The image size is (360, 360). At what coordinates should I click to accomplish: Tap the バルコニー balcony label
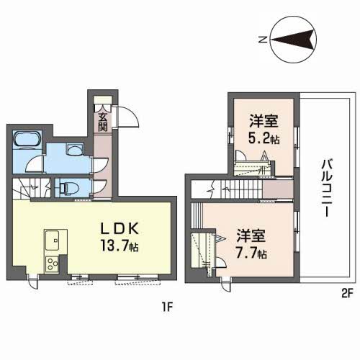[x=326, y=184]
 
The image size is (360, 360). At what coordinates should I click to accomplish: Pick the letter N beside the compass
[x=264, y=40]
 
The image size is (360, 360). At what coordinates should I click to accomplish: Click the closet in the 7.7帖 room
[x=202, y=248]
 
